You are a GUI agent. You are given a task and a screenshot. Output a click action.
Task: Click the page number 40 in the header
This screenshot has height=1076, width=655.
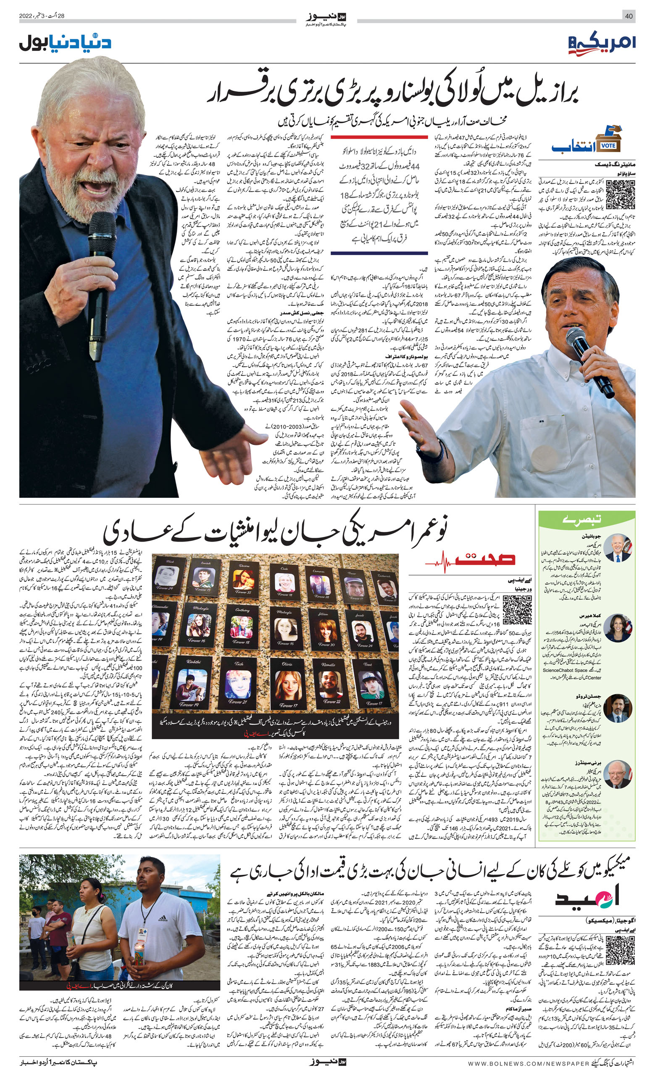(629, 16)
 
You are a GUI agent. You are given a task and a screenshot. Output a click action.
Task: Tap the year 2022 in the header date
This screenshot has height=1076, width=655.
(26, 16)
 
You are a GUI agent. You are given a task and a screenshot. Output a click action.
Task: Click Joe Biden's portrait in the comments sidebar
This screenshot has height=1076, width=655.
(618, 548)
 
